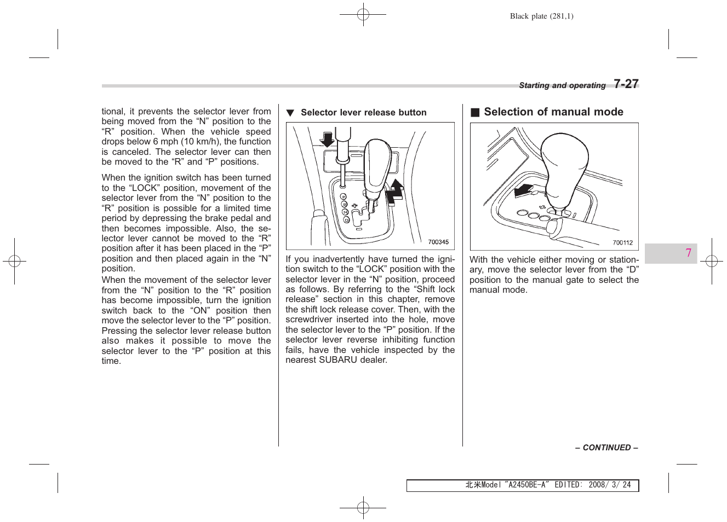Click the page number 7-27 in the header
pos(626,84)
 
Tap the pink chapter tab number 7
pos(688,253)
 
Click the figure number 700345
pos(438,242)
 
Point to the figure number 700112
pos(622,242)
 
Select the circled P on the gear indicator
pos(344,196)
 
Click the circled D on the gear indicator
pos(346,220)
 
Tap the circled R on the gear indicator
pos(344,204)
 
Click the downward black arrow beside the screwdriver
pos(327,140)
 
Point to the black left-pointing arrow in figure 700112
pos(524,190)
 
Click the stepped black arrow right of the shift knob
pos(394,191)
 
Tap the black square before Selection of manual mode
pos(475,112)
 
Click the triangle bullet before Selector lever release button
pos(290,113)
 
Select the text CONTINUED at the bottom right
pos(606,448)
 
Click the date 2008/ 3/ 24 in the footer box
pos(609,485)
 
